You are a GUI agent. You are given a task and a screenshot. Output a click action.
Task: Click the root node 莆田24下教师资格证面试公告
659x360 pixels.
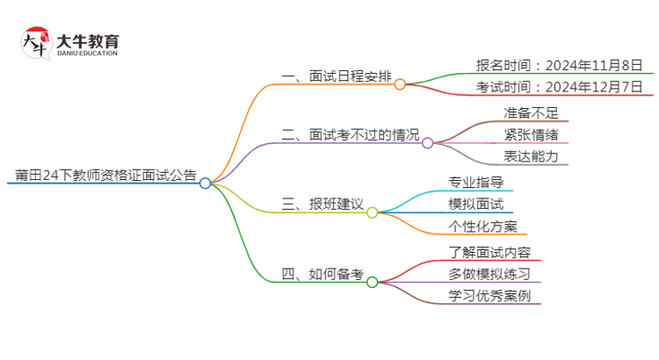tap(101, 174)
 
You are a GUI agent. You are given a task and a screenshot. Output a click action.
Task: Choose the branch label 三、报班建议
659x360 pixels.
tap(322, 204)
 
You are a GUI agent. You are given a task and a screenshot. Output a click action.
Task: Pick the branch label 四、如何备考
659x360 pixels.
tap(322, 273)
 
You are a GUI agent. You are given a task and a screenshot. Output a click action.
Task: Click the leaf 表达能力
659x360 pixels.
tap(530, 156)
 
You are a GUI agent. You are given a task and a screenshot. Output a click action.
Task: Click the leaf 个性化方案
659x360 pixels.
tap(482, 226)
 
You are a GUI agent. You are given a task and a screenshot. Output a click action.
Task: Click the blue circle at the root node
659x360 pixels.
tap(205, 184)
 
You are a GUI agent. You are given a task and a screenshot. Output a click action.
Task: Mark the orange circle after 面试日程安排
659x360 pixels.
tap(400, 84)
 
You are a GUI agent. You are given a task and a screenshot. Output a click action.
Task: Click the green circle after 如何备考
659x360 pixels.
tap(372, 282)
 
